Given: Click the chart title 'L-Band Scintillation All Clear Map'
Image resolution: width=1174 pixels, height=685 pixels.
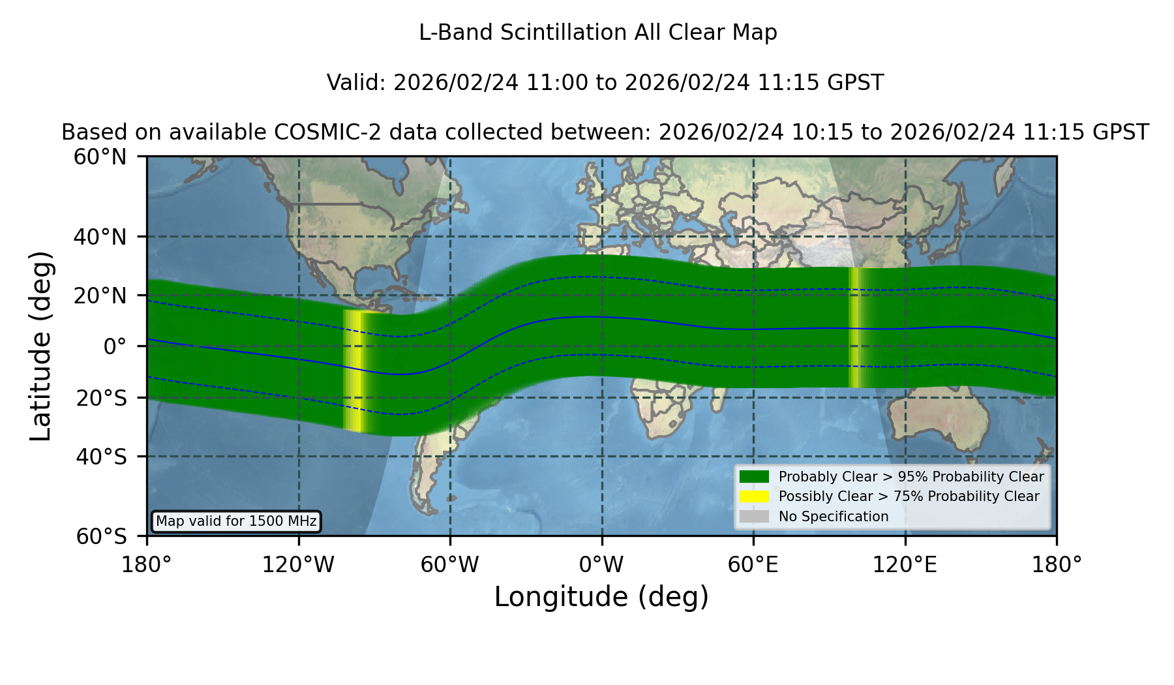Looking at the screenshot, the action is point(598,33).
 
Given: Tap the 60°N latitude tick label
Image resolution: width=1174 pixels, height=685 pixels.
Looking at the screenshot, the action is point(100,157).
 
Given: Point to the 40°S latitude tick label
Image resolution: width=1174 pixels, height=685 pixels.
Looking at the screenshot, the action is point(101,457).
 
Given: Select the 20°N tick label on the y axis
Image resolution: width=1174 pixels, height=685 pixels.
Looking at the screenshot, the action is point(100,296).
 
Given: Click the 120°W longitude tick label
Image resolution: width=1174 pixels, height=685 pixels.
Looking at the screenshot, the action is point(298,564).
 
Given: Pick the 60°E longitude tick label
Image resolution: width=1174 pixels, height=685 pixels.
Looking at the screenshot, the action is point(753,564).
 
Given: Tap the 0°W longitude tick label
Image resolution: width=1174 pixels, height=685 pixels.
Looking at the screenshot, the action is point(601,564).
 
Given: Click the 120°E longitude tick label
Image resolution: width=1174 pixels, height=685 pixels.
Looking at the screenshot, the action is point(905,564).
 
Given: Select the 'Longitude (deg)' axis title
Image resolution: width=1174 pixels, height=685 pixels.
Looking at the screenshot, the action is point(601,598).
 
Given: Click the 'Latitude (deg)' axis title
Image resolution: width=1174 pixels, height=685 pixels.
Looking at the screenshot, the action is point(41,346).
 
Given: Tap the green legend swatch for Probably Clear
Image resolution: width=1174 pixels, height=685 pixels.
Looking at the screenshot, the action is point(755,477).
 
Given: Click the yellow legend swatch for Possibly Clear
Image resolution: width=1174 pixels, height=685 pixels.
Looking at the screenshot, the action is point(755,496).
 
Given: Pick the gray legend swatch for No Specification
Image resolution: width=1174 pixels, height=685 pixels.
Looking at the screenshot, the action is point(755,517).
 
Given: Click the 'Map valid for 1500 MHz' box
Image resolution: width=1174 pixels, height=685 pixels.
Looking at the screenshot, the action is point(236,521).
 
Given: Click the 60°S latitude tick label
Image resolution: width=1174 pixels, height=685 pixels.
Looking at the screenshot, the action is point(101,536).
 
